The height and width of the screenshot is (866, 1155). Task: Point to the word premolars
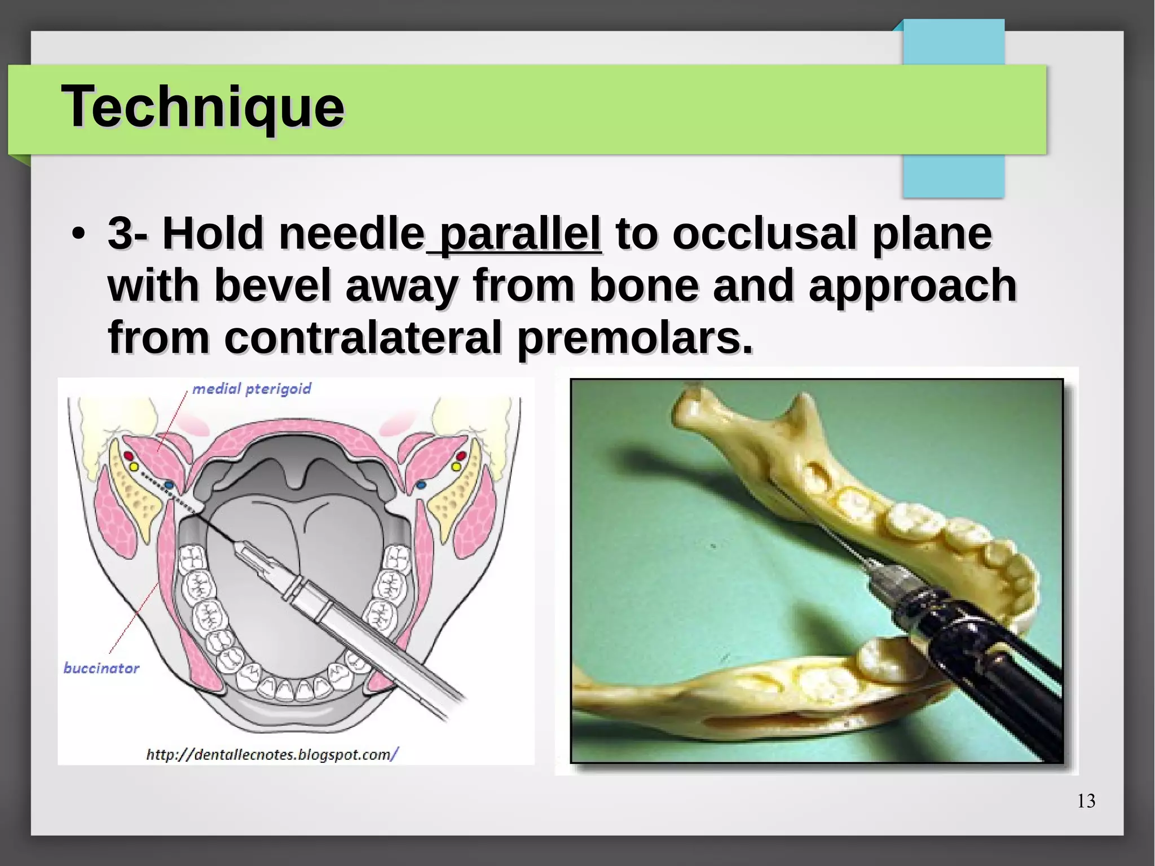634,337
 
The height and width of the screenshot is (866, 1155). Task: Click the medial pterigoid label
252,389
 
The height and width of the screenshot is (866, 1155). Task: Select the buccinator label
101,669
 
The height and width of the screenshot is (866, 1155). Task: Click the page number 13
1086,801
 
